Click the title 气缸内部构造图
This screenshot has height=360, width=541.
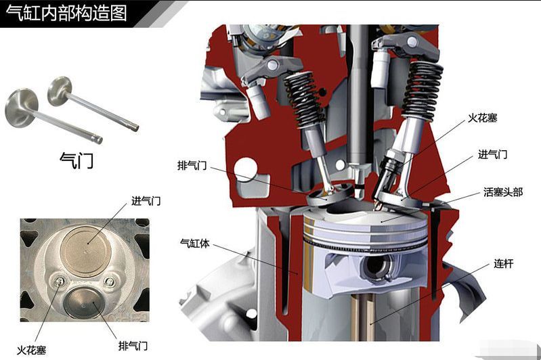(66, 13)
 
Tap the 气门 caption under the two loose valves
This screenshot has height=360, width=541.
(77, 160)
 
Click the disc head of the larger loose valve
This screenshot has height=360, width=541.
(21, 108)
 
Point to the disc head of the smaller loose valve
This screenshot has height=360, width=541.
(60, 88)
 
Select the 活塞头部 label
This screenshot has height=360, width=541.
(503, 192)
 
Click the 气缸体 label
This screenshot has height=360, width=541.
(195, 243)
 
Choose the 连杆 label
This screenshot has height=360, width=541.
(503, 264)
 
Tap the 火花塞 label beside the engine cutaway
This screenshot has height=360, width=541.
(482, 118)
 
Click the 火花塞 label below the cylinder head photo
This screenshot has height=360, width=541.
(31, 351)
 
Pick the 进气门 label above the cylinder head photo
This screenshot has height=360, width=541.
(146, 201)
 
